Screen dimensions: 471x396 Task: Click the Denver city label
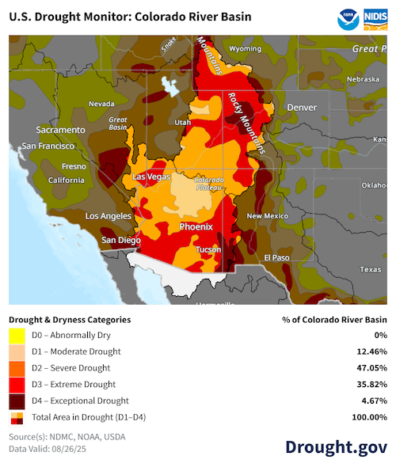point(301,107)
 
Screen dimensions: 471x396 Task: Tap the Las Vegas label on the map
point(150,177)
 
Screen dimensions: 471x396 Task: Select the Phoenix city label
point(196,226)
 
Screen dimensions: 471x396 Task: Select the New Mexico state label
point(266,216)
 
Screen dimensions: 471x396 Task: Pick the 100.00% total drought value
point(366,417)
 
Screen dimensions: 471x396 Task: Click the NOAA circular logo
point(345,17)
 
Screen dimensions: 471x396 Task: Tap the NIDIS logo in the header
point(375,17)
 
